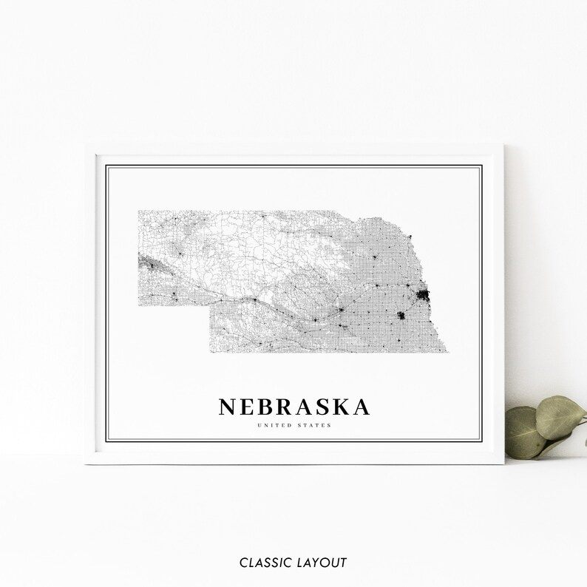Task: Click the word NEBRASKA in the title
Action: pyautogui.click(x=294, y=407)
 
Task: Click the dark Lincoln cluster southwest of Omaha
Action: pyautogui.click(x=401, y=316)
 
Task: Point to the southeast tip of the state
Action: pyautogui.click(x=447, y=353)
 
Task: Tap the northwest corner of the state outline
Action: pyautogui.click(x=138, y=211)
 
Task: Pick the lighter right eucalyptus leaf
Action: pyautogui.click(x=560, y=415)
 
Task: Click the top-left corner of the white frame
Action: pyautogui.click(x=86, y=146)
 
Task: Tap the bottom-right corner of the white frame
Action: pyautogui.click(x=503, y=463)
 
